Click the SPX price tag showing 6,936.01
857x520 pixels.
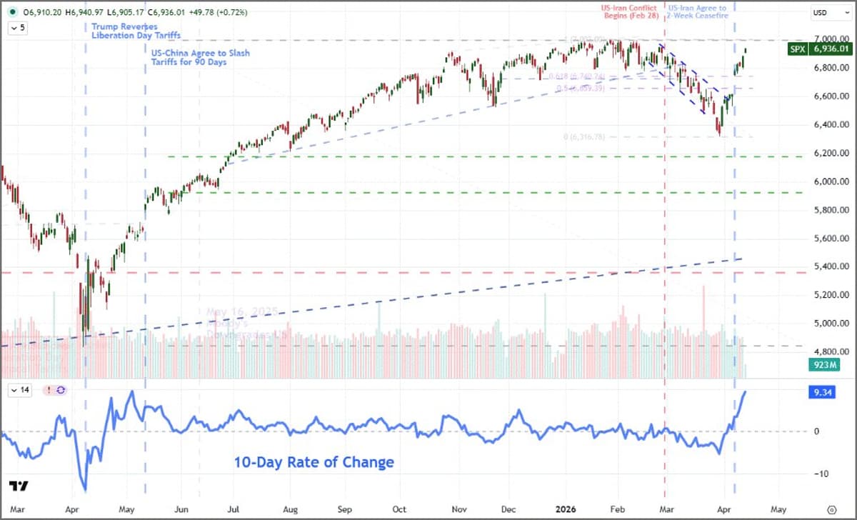(821, 49)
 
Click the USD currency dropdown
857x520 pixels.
(823, 13)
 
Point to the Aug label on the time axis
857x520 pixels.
(289, 509)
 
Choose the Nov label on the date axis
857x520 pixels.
(455, 509)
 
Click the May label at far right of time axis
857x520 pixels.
(776, 509)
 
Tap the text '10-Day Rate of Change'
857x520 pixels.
(314, 462)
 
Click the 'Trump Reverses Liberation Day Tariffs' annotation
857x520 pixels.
(135, 31)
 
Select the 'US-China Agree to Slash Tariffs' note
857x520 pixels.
(201, 58)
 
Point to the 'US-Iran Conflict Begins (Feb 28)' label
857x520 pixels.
(628, 13)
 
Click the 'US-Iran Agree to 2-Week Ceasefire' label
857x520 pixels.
(697, 13)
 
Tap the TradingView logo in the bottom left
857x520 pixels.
(20, 486)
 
